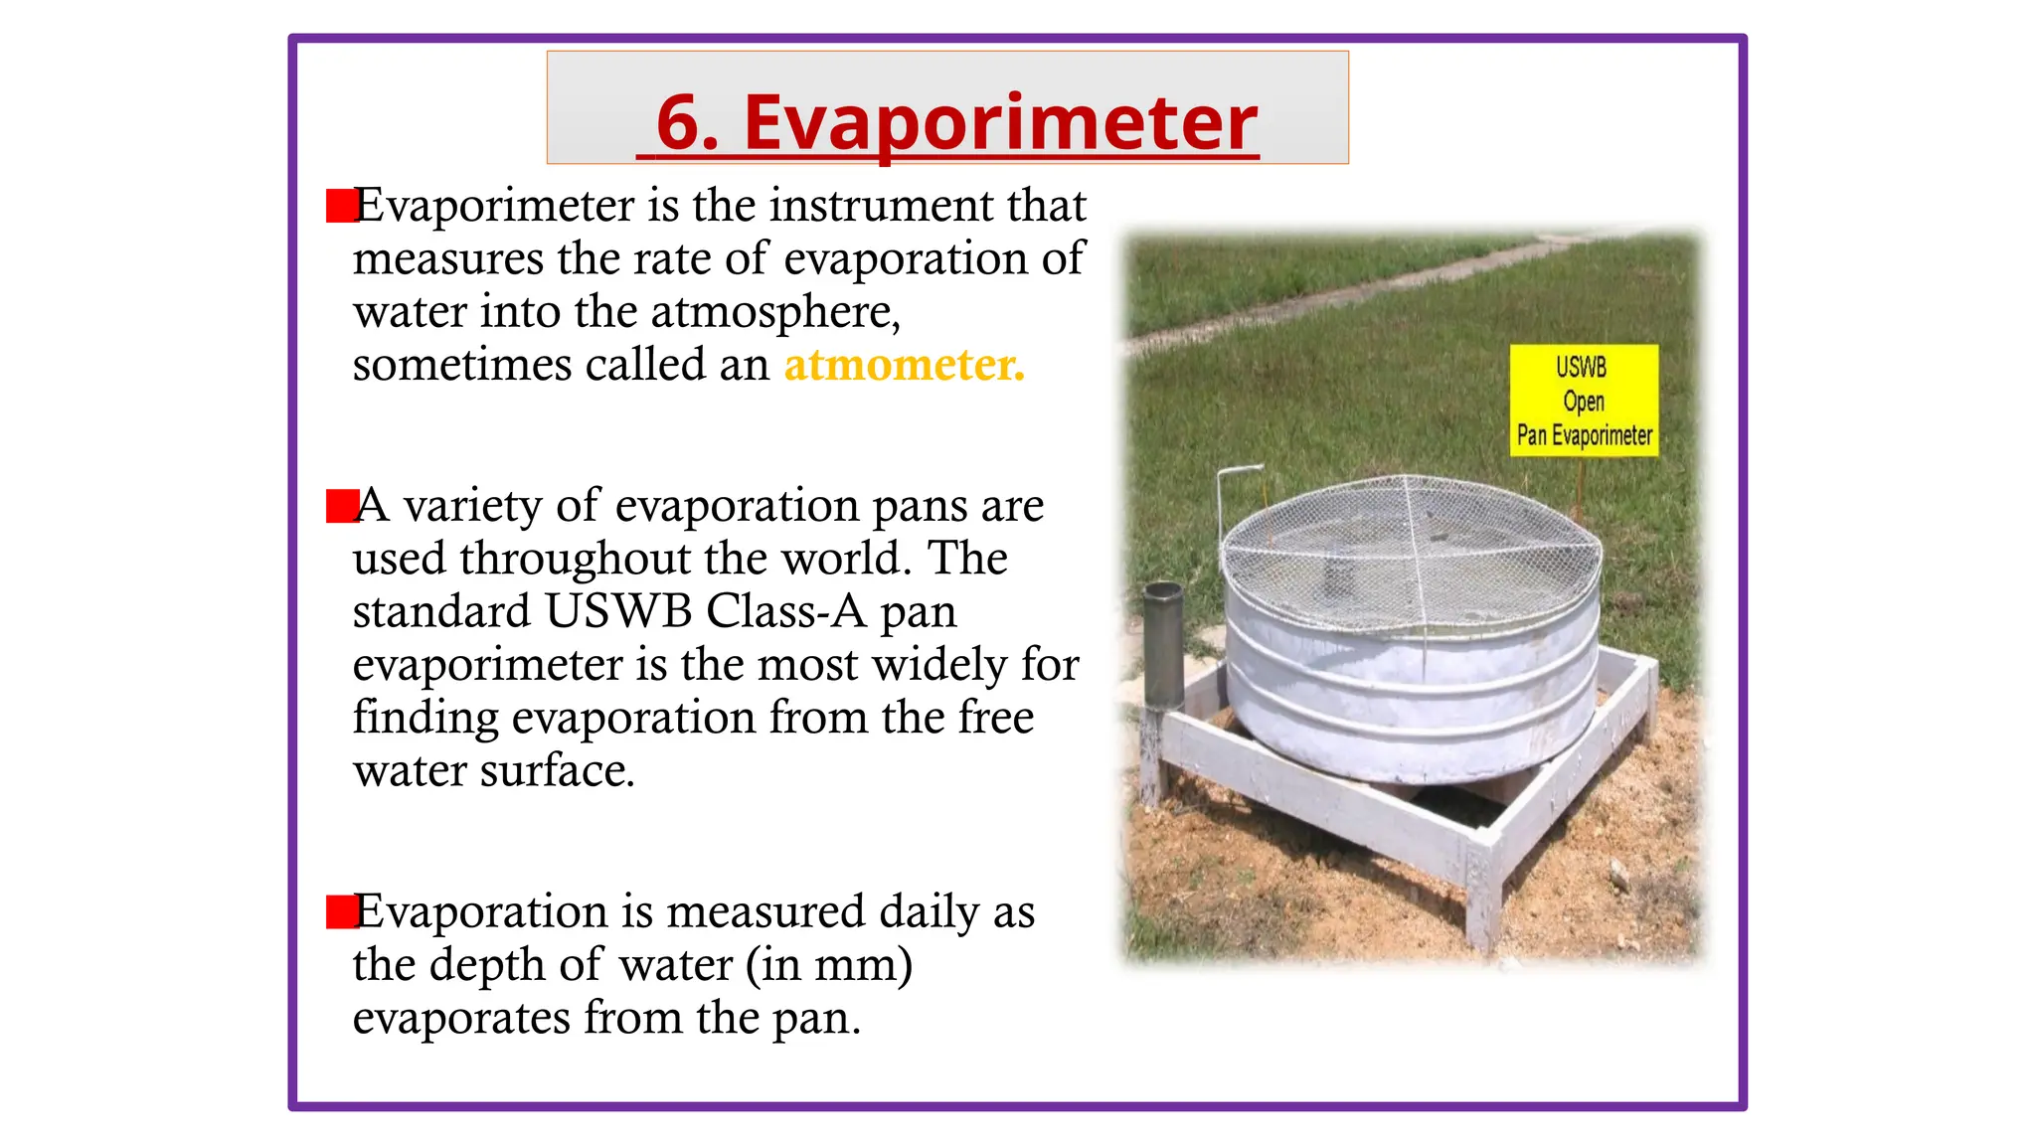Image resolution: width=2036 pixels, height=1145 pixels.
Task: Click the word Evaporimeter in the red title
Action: click(x=1000, y=123)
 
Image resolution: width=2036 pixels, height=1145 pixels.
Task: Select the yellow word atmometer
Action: click(x=903, y=365)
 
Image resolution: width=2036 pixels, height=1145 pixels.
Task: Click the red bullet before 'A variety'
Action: click(x=341, y=506)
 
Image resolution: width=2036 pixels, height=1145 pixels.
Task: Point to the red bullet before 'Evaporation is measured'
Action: click(x=341, y=911)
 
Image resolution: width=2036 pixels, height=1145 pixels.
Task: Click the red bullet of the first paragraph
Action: click(x=341, y=206)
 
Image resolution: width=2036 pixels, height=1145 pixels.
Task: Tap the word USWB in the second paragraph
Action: click(x=617, y=611)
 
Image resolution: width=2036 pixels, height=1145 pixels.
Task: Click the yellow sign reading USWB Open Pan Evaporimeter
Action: click(x=1583, y=401)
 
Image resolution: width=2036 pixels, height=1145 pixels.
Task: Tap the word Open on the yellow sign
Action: click(x=1583, y=402)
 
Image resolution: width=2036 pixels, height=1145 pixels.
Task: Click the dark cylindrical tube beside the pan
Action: click(x=1162, y=646)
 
